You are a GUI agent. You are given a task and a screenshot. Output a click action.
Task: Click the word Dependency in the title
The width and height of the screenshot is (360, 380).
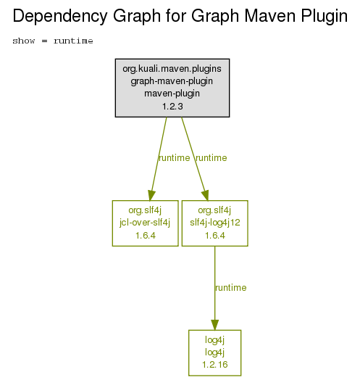pos(59,17)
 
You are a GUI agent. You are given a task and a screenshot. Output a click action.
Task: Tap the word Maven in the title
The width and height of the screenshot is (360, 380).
pos(270,16)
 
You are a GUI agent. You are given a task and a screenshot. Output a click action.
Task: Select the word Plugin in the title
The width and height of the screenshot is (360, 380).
pos(325,17)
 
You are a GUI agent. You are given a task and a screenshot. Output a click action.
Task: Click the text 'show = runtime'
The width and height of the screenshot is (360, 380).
pos(53,41)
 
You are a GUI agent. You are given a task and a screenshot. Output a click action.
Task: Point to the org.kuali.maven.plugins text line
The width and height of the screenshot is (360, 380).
pos(172,69)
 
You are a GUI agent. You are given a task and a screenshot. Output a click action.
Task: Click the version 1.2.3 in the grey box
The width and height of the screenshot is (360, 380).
pos(172,106)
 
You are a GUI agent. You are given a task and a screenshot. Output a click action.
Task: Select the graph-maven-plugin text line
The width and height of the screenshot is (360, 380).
pos(172,81)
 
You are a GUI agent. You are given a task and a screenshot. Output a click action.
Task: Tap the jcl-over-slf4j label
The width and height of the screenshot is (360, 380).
pos(145,223)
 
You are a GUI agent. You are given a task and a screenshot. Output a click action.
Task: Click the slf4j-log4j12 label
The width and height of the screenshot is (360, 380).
pos(215,223)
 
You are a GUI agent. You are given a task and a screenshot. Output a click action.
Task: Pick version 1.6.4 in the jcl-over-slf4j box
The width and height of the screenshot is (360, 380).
pos(146,235)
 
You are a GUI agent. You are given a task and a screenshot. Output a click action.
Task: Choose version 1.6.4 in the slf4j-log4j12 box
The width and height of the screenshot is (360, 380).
pos(215,235)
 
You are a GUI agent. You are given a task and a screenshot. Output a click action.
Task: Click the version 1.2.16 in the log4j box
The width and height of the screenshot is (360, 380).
pos(215,365)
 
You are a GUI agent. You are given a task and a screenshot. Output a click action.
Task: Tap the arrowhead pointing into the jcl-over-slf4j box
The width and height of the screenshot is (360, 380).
pos(151,196)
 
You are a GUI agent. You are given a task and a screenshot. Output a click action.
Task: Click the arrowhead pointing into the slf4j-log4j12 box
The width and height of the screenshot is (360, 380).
pos(205,196)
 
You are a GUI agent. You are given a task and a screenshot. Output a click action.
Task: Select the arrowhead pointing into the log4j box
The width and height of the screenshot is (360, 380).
pos(214,325)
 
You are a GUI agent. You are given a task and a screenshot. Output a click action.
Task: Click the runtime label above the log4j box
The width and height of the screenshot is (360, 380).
pos(231,288)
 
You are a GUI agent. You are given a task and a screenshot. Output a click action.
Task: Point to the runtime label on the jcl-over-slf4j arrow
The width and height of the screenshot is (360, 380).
pos(174,158)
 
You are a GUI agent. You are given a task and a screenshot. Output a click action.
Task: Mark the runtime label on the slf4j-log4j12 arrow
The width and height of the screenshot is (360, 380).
pos(211,158)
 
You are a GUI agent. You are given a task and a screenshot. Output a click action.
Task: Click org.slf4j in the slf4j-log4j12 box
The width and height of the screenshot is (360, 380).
pos(214,210)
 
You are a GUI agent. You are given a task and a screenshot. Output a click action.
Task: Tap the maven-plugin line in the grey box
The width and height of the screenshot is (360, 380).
pos(172,94)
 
